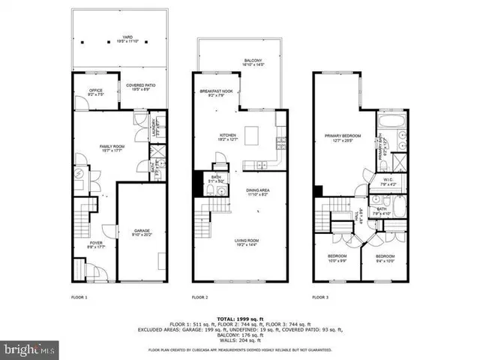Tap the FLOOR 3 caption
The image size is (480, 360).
(x=320, y=298)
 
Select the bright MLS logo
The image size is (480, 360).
(x=30, y=349)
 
